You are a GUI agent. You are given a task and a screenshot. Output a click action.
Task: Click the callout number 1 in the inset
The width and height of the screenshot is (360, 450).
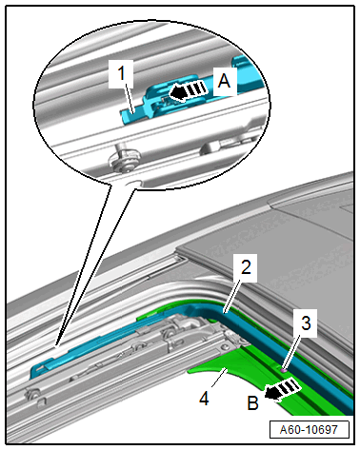[x=121, y=74]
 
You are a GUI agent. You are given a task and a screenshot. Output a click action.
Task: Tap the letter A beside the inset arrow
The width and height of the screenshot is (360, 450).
[x=225, y=81]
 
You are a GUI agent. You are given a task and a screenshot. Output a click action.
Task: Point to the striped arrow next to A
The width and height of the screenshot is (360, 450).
[x=189, y=91]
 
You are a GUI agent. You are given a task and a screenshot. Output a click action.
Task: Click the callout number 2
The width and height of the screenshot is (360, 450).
[x=246, y=267]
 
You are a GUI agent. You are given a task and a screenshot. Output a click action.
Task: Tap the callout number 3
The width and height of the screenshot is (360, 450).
[x=306, y=323]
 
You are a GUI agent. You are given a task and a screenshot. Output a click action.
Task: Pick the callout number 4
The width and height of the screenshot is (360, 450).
[x=204, y=399]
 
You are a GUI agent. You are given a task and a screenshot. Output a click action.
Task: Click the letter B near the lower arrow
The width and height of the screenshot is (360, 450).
[x=253, y=403]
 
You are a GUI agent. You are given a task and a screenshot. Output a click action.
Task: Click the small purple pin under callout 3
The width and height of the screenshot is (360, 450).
[x=284, y=369]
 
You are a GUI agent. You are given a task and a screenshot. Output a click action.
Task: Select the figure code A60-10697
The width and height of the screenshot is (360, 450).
[x=309, y=430]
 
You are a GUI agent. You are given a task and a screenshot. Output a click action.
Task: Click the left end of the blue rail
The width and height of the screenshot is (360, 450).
[x=34, y=371]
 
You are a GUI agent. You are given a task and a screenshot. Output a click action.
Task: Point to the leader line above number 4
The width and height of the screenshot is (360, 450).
[x=218, y=378]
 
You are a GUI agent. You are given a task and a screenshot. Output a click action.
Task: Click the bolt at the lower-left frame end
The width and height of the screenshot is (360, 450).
[x=32, y=394]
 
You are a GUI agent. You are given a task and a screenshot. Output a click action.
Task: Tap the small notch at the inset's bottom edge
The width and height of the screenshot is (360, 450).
[x=133, y=184]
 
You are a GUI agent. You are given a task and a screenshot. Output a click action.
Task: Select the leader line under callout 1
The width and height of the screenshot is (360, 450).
[x=130, y=98]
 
